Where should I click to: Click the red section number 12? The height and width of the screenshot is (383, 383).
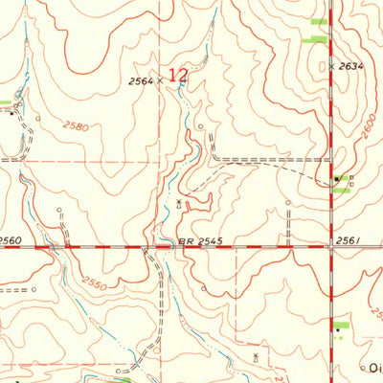(x=178, y=74)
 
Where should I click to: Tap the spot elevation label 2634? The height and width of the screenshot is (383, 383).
(x=350, y=66)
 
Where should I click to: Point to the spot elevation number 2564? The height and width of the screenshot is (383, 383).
(x=141, y=82)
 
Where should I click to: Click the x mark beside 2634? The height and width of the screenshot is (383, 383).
(x=331, y=67)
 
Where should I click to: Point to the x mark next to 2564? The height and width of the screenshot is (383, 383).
(x=159, y=83)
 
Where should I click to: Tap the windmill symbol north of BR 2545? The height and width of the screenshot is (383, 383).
(x=179, y=202)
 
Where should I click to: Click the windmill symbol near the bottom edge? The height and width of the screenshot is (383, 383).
(x=255, y=357)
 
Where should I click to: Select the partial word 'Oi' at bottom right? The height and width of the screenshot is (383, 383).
(x=374, y=367)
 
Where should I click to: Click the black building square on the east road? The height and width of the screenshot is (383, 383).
(x=336, y=179)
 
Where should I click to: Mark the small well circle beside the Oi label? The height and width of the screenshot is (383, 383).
(x=361, y=367)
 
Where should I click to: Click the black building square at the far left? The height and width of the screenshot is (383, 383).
(x=11, y=113)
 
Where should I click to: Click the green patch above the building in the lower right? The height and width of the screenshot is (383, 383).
(x=340, y=326)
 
